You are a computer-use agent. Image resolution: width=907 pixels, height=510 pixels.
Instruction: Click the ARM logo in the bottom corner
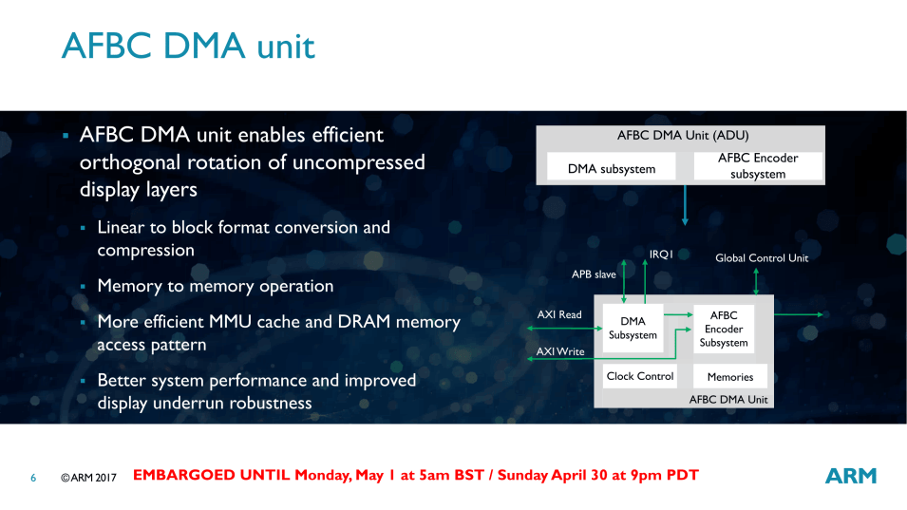click(850, 476)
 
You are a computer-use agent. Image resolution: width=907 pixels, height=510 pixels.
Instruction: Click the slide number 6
click(33, 478)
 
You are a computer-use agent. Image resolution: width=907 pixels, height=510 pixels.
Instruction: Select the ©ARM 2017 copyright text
click(88, 478)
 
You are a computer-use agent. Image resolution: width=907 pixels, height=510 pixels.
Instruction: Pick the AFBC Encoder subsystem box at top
click(758, 166)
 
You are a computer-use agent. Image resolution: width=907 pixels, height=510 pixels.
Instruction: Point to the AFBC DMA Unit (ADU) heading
click(683, 135)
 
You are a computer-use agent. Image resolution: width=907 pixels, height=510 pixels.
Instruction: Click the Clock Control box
click(640, 376)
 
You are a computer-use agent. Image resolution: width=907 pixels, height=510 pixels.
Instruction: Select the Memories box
click(730, 376)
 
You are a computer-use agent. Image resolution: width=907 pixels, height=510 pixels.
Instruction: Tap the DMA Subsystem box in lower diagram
click(633, 328)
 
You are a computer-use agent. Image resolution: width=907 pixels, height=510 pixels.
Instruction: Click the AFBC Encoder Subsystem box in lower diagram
click(724, 329)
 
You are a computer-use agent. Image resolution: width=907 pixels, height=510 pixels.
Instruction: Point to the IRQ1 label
click(661, 255)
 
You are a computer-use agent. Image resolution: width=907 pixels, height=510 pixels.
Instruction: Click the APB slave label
click(594, 274)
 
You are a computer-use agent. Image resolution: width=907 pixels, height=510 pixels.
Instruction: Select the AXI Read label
click(559, 314)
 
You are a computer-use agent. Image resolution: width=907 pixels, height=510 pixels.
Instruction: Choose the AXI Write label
click(560, 351)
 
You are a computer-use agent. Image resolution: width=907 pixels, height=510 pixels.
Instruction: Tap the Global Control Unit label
click(762, 258)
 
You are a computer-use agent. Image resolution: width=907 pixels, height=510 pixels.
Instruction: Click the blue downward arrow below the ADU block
click(685, 205)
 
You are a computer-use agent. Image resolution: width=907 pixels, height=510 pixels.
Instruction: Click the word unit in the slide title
click(286, 47)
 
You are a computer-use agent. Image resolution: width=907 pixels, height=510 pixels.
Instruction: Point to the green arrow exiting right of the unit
click(799, 314)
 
